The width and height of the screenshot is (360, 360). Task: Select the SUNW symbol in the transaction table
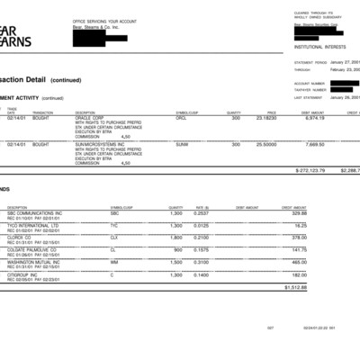[x=182, y=143]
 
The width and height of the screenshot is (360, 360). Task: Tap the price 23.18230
[x=265, y=117]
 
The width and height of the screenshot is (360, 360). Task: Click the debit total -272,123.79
[x=310, y=169]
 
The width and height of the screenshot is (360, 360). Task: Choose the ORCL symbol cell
[x=181, y=117]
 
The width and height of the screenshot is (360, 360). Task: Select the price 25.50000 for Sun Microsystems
[x=265, y=143]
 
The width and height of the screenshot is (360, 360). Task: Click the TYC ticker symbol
[x=114, y=225]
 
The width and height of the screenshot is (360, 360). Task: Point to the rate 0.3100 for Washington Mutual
[x=202, y=262]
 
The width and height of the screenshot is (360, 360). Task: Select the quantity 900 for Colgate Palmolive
[x=177, y=249]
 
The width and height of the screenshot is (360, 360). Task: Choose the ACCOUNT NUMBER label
[x=307, y=83]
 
